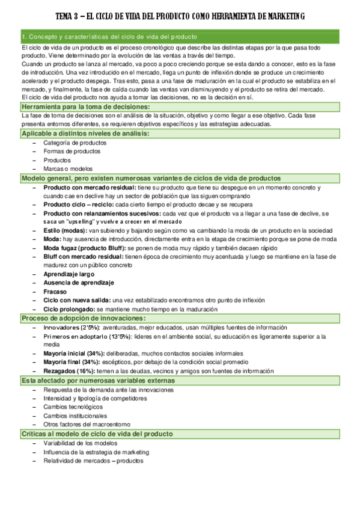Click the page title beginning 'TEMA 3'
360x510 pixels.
180,16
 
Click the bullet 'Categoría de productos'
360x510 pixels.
75,143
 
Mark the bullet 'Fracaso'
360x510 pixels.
55,291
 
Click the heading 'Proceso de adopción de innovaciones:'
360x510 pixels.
84,318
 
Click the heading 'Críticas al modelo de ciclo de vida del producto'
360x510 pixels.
97,434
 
